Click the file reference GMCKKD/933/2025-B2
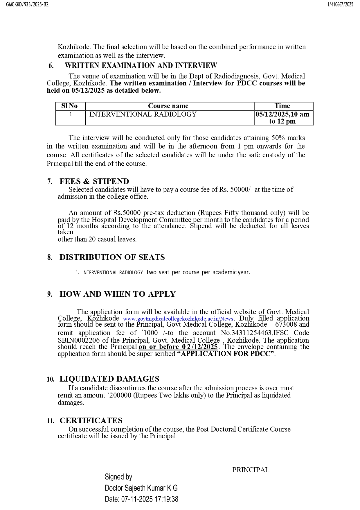(28, 4)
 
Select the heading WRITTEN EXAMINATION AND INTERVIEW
(141, 65)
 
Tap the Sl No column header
(69, 106)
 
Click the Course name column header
(168, 106)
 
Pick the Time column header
(282, 106)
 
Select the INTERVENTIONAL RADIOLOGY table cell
(143, 114)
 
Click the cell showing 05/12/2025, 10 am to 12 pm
(282, 118)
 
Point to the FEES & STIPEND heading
(94, 181)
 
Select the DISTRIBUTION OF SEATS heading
(112, 257)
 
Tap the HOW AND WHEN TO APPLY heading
(118, 294)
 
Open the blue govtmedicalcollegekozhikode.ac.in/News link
(178, 318)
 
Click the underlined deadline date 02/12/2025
(200, 347)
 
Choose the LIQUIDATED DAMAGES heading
(109, 379)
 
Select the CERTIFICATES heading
(91, 420)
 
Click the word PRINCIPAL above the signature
(251, 470)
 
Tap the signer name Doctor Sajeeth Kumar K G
(141, 488)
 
